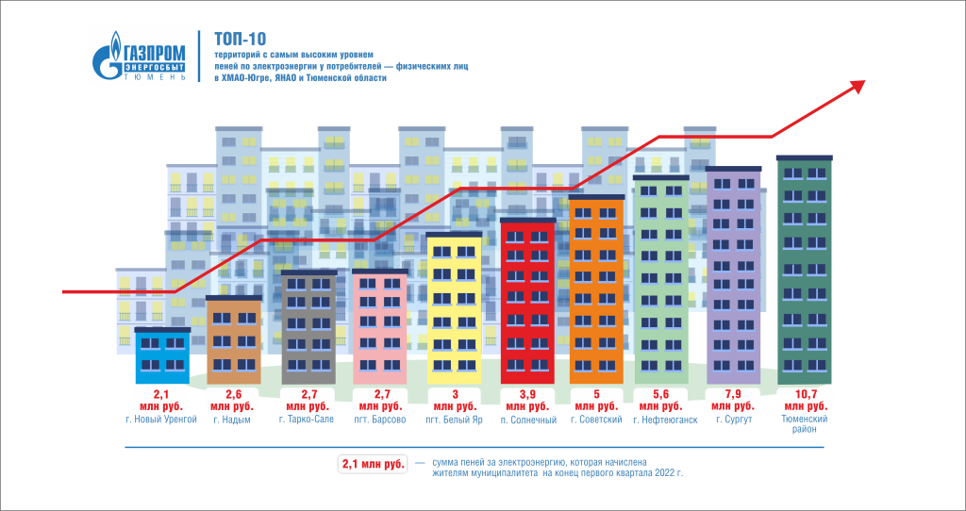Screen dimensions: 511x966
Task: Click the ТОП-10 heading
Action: point(240,39)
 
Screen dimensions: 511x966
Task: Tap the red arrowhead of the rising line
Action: point(858,86)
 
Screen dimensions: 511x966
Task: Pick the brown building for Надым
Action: point(233,339)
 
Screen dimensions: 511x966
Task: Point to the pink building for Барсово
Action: point(379,326)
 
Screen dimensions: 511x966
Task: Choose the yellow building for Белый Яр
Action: point(454,307)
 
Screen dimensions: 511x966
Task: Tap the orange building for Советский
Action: point(596,288)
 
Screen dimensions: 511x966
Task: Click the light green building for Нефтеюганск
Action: point(661,279)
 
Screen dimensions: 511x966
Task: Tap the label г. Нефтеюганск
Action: point(665,420)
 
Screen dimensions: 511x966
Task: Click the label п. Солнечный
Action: point(527,420)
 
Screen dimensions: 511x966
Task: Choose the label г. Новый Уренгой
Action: point(160,420)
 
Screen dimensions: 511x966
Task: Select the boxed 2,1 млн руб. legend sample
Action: point(372,465)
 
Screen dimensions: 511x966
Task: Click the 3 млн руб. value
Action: point(454,399)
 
